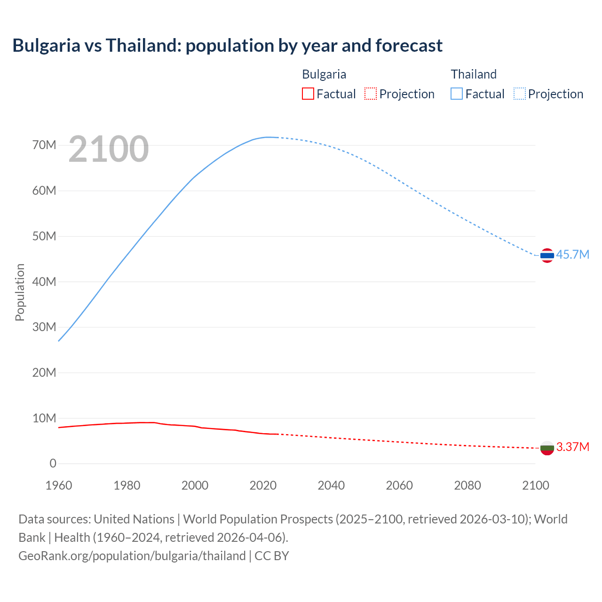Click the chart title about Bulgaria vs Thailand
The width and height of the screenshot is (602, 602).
227,46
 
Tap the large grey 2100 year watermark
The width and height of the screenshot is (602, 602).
109,149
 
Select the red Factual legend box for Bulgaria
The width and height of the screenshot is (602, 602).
308,94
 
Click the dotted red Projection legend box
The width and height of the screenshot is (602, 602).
371,94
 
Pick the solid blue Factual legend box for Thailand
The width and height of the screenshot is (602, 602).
456,94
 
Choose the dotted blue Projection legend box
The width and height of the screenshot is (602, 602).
519,94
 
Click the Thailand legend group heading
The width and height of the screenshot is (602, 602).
474,74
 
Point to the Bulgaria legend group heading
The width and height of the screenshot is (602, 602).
324,74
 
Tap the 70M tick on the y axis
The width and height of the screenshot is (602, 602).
44,145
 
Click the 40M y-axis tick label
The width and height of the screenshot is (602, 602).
44,282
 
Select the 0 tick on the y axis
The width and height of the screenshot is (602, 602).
53,464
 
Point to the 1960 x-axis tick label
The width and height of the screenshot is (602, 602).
59,485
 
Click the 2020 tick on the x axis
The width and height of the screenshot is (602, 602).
263,485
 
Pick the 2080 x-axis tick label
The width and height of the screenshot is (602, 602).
467,485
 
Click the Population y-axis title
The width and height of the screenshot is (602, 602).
20,292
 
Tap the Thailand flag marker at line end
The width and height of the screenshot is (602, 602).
547,255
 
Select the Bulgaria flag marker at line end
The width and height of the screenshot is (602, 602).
547,448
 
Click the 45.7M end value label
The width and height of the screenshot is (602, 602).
572,254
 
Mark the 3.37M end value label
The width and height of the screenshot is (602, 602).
572,447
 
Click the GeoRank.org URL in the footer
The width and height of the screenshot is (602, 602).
132,556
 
